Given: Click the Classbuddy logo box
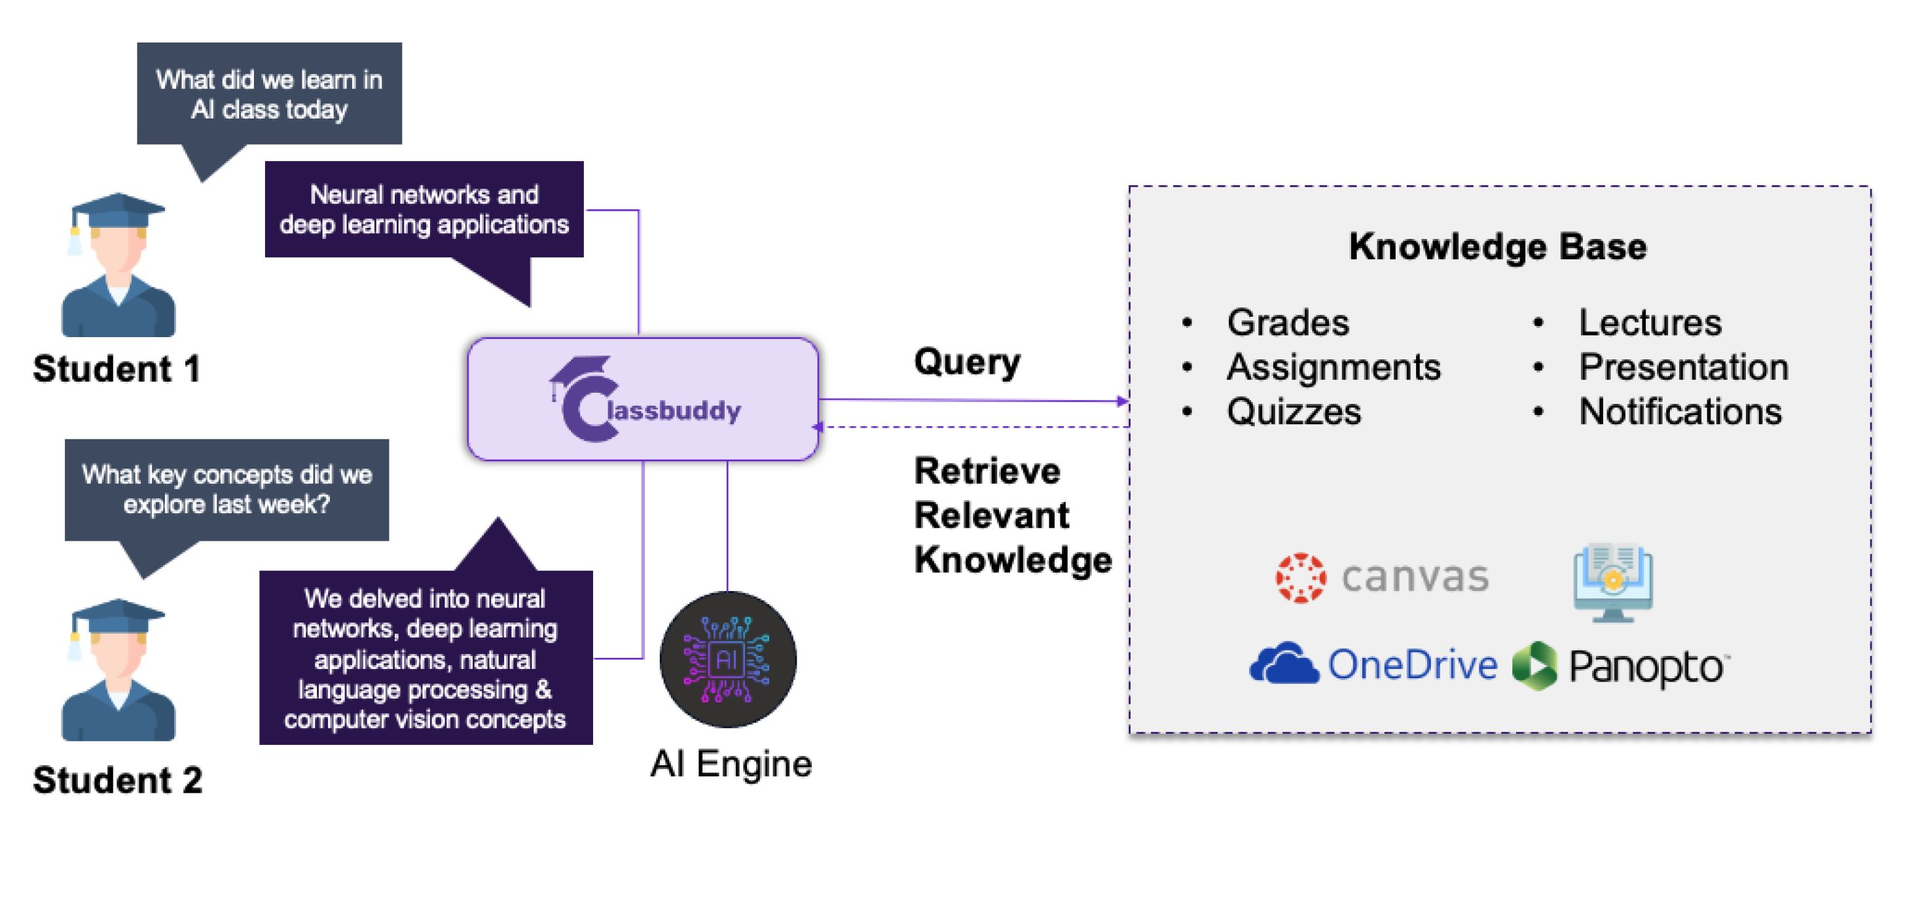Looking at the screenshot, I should (642, 399).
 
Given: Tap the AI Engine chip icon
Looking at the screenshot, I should (727, 659).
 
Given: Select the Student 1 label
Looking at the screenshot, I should (117, 369).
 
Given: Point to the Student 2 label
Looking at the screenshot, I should (117, 780).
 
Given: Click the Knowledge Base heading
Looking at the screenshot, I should (1497, 246).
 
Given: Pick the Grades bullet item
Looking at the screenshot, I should (1288, 322).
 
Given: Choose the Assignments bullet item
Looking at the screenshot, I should (1333, 367).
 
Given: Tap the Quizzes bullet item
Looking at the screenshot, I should (1294, 412).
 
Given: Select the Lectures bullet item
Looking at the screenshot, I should (1650, 322).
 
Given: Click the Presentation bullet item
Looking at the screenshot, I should (1683, 367).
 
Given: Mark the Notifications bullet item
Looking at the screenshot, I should (1680, 412).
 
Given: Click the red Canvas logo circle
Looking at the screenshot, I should (1301, 577).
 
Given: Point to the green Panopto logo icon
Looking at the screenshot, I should (1534, 665).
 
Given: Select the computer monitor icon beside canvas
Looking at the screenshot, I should (1612, 582).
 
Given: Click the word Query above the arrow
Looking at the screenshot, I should (967, 362).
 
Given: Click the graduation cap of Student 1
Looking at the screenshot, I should (118, 209).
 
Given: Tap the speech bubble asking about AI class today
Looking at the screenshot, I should (269, 94).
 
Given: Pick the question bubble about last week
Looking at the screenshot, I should (227, 490).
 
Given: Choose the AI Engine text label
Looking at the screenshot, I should (731, 763).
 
